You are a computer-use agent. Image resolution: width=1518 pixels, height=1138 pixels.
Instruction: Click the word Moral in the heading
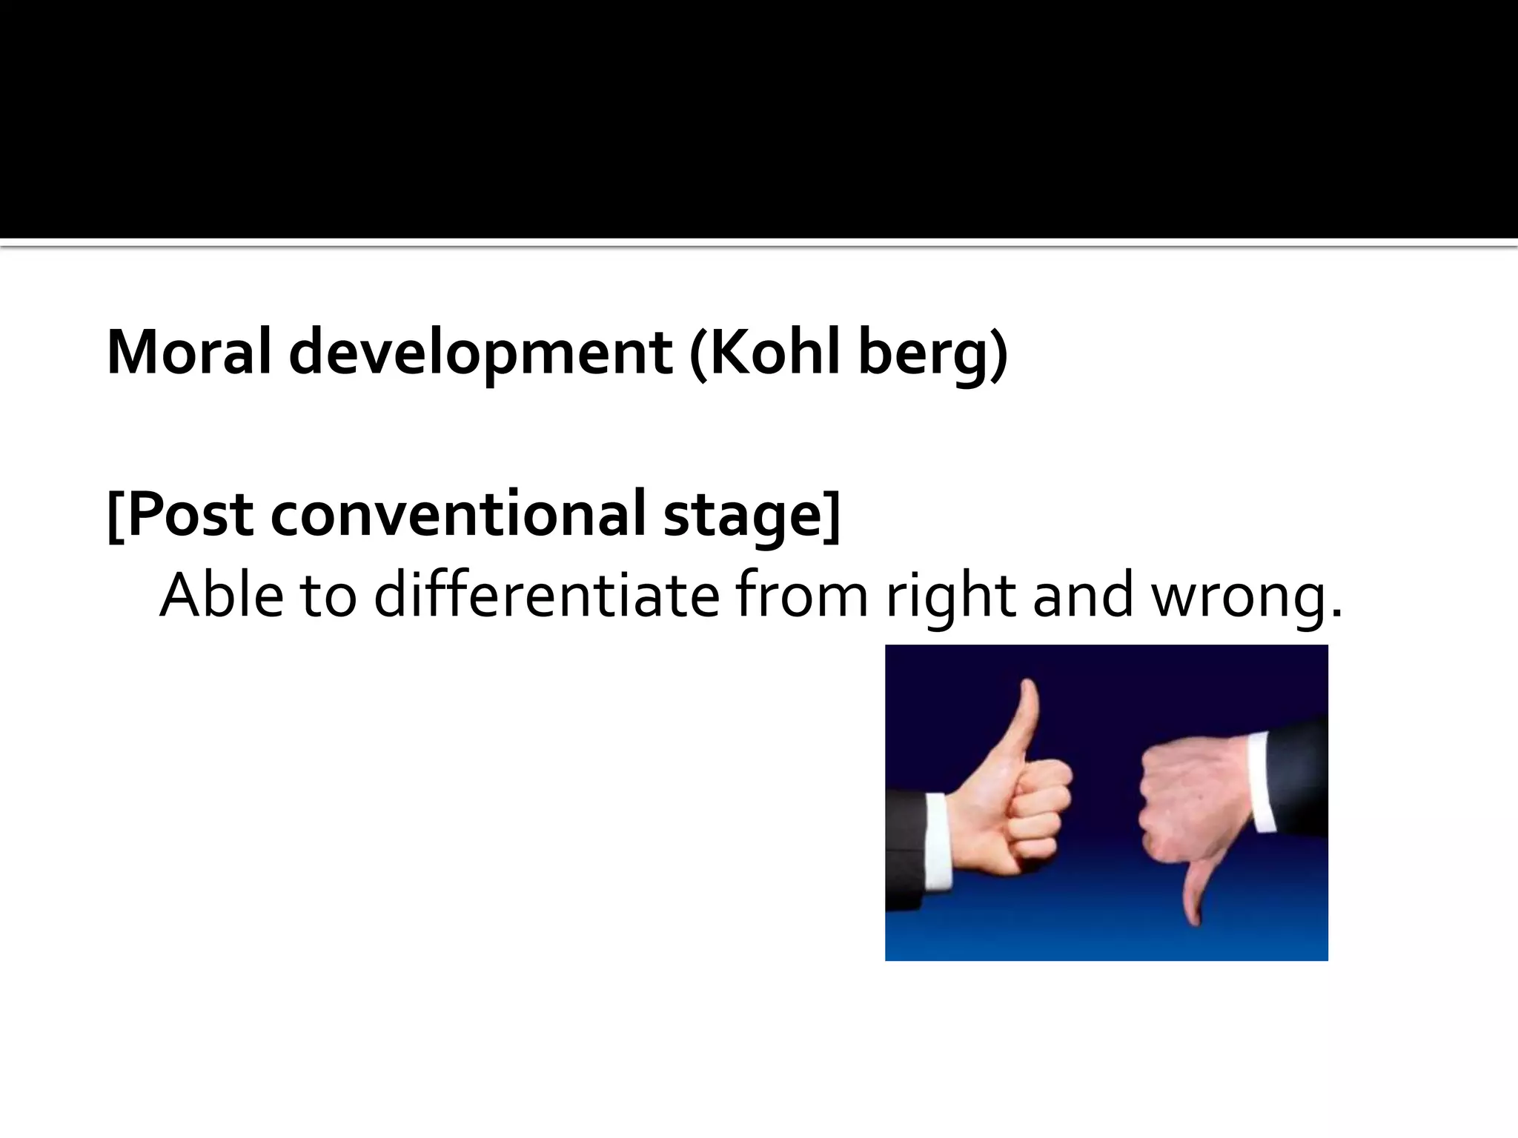pos(189,352)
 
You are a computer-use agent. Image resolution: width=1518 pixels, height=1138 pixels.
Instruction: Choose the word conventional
pos(458,515)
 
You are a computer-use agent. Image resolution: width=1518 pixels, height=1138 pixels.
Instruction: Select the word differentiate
pos(546,594)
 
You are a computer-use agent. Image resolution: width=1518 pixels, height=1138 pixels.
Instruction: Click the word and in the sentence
pos(1083,594)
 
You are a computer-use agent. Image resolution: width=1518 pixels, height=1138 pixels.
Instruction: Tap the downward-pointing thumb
pos(1193,893)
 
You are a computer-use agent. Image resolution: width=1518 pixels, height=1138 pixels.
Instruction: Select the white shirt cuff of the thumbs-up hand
pos(938,842)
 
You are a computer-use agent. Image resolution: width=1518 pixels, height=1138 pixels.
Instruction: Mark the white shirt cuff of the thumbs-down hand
pos(1260,782)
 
